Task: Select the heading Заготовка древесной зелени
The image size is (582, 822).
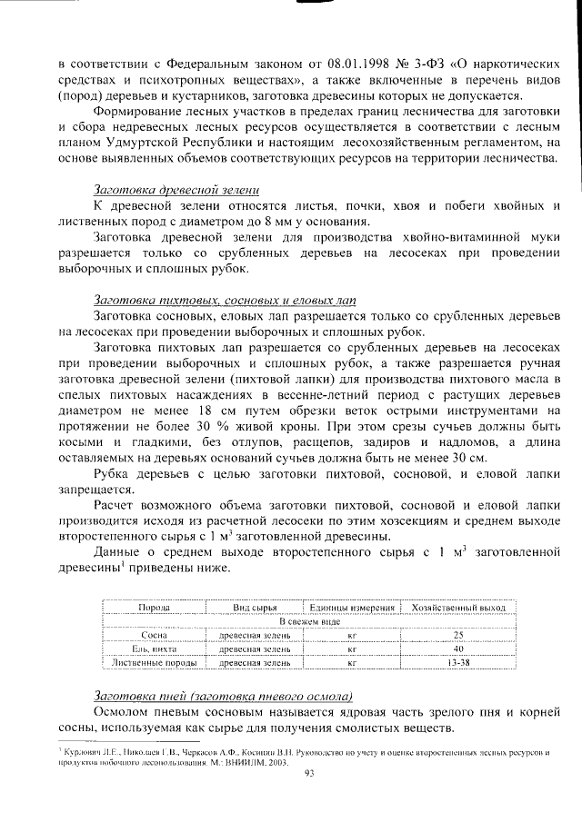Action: (176, 189)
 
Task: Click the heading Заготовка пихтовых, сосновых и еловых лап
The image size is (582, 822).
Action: (226, 300)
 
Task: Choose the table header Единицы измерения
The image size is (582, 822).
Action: (351, 608)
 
